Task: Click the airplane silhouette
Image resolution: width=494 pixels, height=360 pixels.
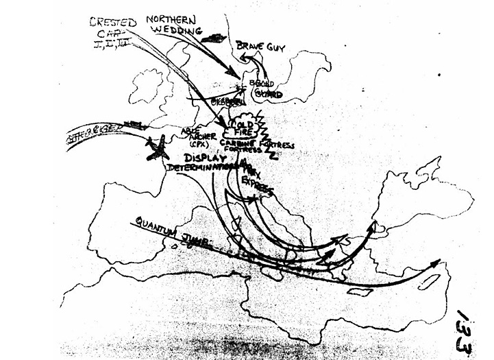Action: pos(157,148)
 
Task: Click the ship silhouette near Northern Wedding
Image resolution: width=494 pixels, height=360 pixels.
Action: pos(214,38)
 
